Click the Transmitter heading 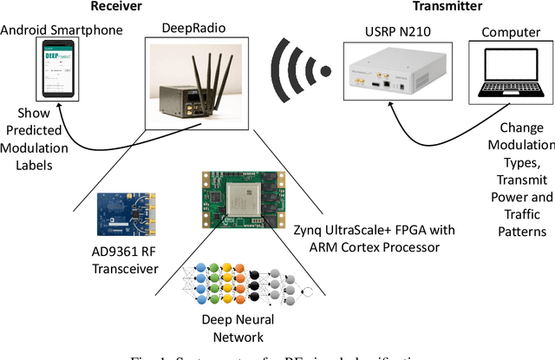[x=423, y=7]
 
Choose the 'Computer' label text [x=505, y=32]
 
